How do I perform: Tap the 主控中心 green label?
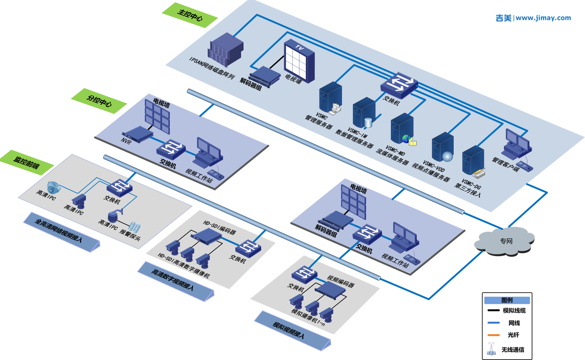click(x=190, y=15)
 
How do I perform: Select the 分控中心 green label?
click(x=99, y=101)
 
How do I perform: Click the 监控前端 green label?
click(x=26, y=162)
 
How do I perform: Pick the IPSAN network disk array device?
click(x=225, y=50)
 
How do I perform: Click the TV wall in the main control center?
click(x=299, y=61)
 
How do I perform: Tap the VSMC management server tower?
click(x=330, y=98)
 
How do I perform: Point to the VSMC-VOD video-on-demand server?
click(x=443, y=147)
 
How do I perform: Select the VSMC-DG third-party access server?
click(x=473, y=161)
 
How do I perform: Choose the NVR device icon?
click(x=137, y=134)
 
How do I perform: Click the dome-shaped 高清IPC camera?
click(x=54, y=187)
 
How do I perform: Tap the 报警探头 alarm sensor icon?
click(x=134, y=227)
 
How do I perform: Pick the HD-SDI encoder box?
click(x=206, y=236)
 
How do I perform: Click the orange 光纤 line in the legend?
click(x=494, y=335)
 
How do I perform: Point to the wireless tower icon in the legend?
click(x=491, y=349)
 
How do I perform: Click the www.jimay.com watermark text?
click(x=543, y=18)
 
